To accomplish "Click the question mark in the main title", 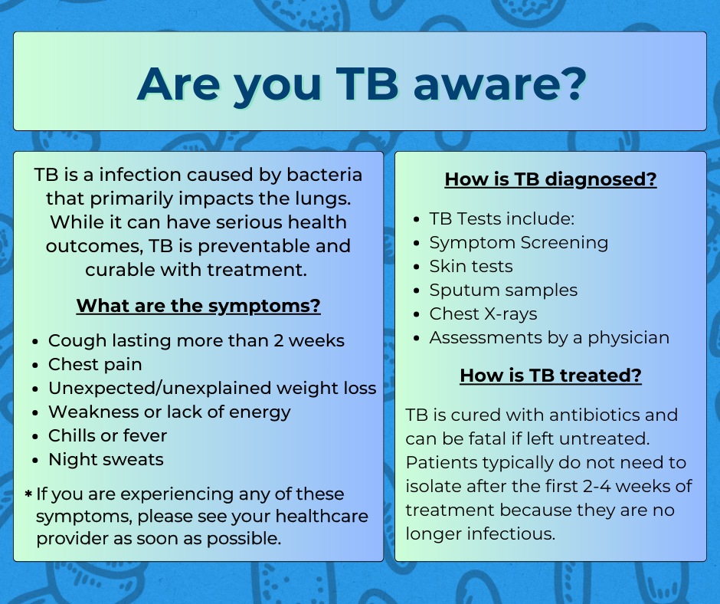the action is click(x=573, y=84).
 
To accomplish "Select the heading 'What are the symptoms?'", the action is click(x=198, y=306).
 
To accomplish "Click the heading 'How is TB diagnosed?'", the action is click(x=551, y=179).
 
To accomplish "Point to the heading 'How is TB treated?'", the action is click(x=551, y=376).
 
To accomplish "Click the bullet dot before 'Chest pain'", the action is click(x=35, y=366).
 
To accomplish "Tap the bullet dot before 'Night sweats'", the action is click(x=35, y=461).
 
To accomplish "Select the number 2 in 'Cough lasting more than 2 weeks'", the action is click(x=278, y=340).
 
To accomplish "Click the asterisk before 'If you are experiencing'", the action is click(x=28, y=494).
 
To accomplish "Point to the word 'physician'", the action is click(x=629, y=339).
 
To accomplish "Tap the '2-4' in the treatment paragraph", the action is click(x=597, y=486).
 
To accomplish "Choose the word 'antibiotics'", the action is click(x=594, y=415).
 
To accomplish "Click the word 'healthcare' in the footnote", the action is click(x=322, y=516).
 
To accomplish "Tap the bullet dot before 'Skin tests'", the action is click(x=417, y=268).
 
